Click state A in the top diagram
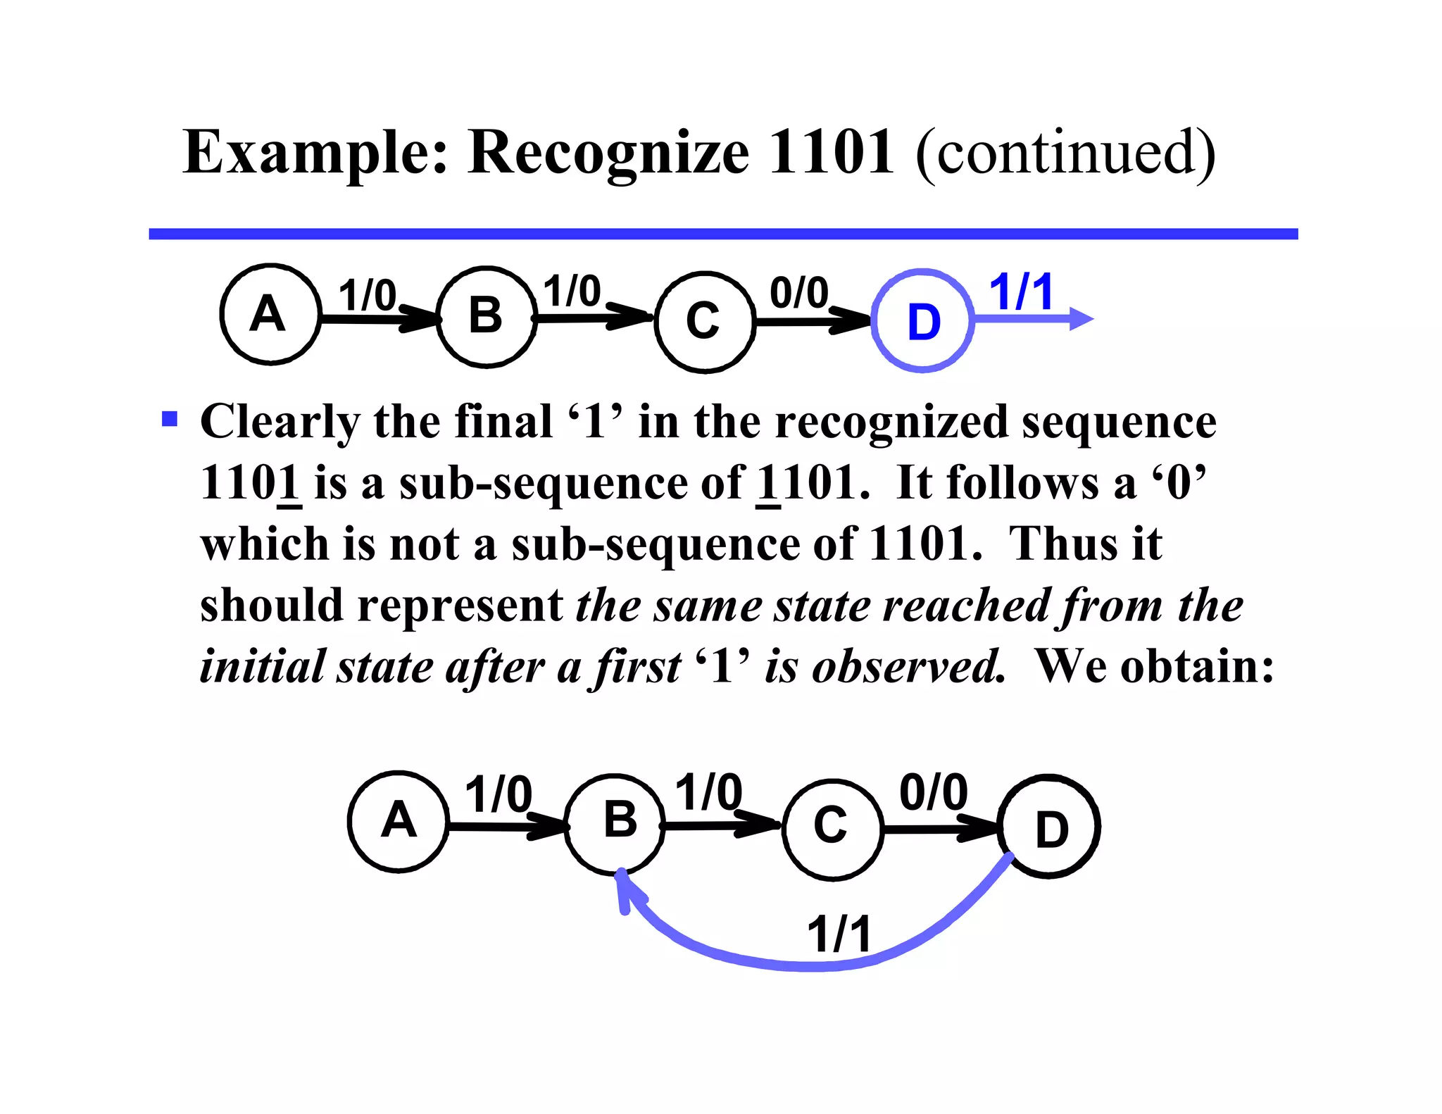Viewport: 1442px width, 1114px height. point(270,314)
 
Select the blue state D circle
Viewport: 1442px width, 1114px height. point(922,321)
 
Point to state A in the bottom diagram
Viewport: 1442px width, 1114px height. point(399,821)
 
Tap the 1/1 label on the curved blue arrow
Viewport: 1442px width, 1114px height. point(839,934)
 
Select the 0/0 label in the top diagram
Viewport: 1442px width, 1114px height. point(798,293)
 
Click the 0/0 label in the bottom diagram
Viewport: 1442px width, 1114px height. point(934,793)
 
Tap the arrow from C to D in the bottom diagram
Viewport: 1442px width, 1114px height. point(940,829)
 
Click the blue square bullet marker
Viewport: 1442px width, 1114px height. point(170,420)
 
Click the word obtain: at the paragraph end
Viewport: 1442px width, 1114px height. point(1197,666)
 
